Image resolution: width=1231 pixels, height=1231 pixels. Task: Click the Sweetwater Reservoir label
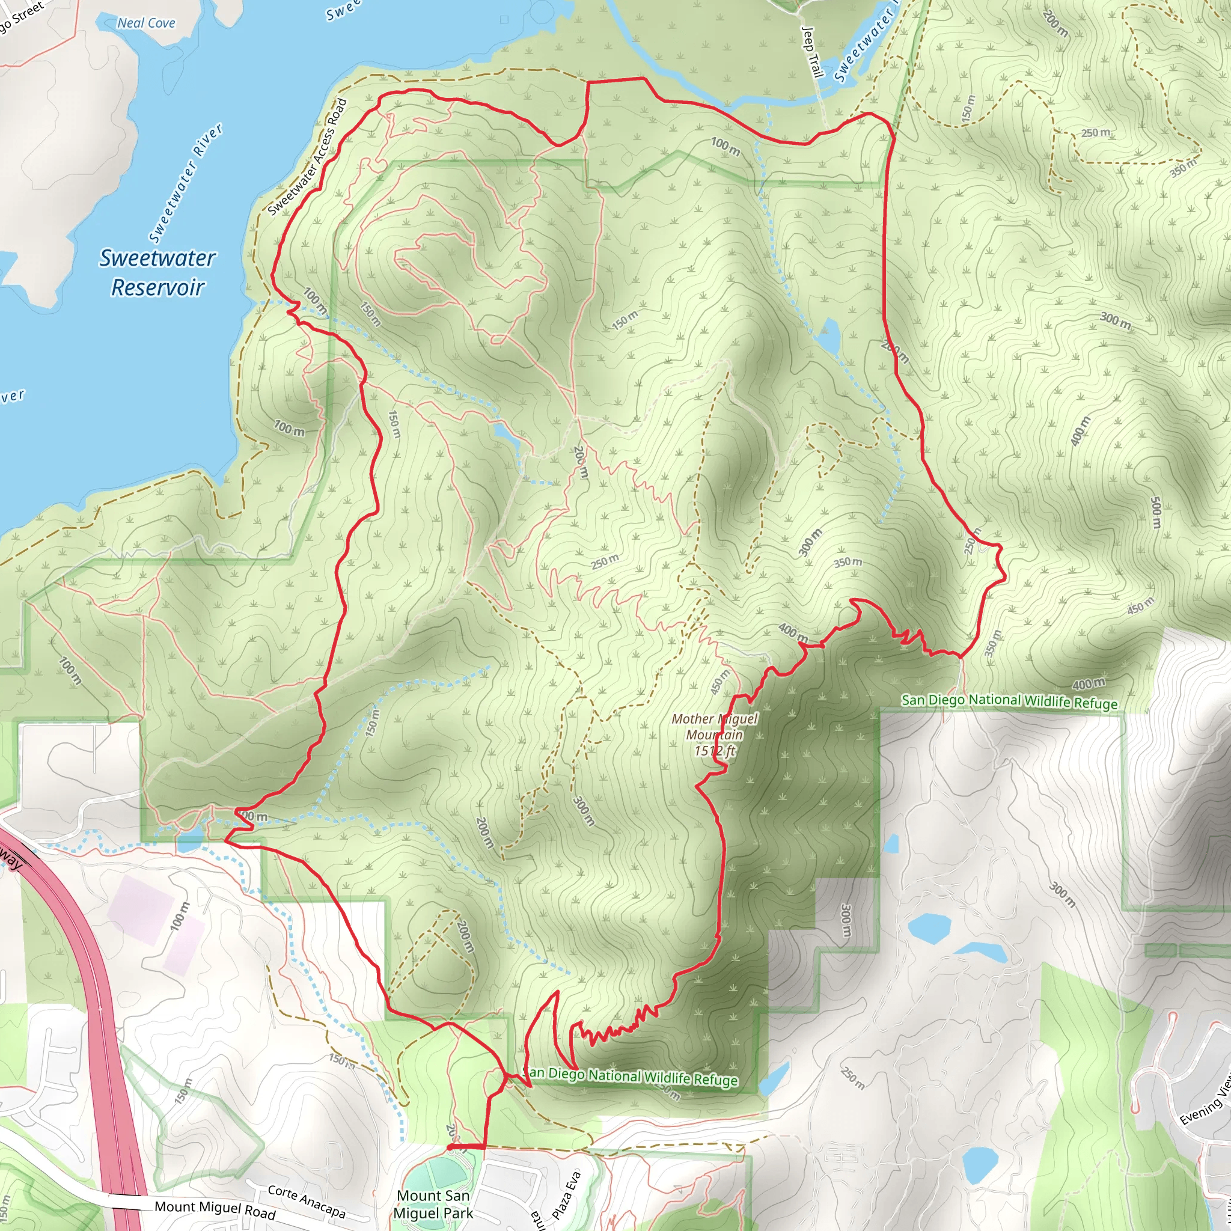tap(157, 272)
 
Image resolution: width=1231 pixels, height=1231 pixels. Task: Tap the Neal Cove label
tap(146, 23)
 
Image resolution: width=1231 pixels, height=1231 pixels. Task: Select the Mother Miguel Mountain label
tap(714, 727)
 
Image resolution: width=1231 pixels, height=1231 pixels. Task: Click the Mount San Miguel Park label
tap(433, 1204)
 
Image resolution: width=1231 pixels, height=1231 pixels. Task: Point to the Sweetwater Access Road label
tap(307, 157)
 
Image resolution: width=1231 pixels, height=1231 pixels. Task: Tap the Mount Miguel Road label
tap(215, 1209)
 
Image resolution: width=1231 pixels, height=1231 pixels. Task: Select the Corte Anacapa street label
tap(307, 1200)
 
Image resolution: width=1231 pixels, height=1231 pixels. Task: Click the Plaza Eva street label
tap(566, 1196)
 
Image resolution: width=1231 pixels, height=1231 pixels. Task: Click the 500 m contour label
tap(1156, 512)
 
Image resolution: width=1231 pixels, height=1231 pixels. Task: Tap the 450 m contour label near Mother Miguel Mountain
tap(719, 682)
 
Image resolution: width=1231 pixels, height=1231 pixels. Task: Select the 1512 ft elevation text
tap(714, 751)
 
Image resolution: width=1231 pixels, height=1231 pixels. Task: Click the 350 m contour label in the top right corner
tap(1183, 168)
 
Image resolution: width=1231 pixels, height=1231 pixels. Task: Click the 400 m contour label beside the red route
tap(793, 633)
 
